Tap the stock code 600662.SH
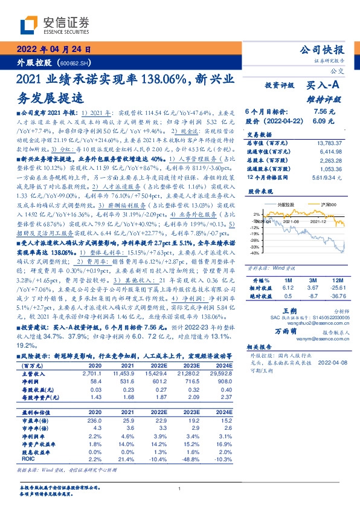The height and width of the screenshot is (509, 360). (x=75, y=63)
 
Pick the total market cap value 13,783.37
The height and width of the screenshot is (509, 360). (x=329, y=143)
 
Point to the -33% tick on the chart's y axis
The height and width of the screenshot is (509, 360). (x=256, y=246)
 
